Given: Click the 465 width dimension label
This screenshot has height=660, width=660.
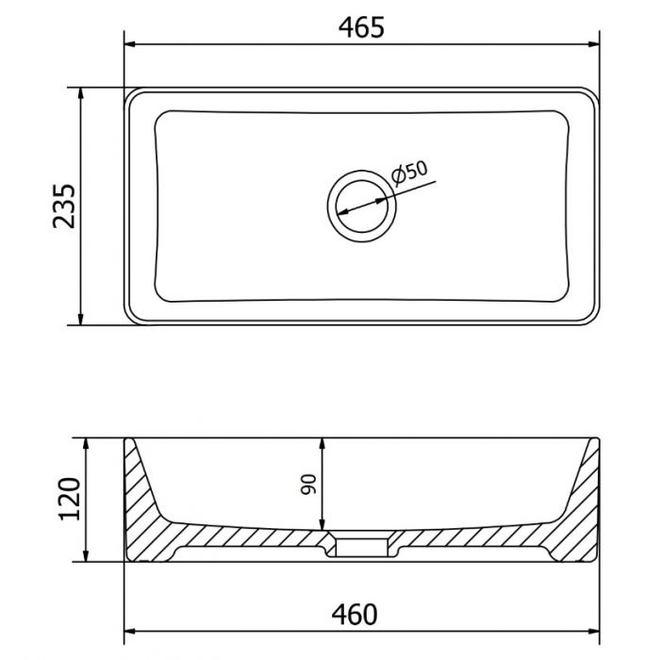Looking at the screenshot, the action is point(361,27).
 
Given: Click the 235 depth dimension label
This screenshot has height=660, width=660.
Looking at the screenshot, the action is point(64,206).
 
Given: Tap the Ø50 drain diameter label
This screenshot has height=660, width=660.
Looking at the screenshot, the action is point(409,173).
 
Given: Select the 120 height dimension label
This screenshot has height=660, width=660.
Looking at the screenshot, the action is point(70,499).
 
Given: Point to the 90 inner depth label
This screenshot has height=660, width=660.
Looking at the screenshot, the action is point(308,484).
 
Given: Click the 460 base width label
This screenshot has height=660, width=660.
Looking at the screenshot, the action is point(355,615).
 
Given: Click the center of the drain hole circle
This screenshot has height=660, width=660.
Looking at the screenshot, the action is point(361,206).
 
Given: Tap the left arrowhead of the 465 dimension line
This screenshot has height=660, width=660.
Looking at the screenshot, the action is point(130,43).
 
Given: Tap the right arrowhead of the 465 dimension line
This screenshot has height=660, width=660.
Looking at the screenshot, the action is point(594,43).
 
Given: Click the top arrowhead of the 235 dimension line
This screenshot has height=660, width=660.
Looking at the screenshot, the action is point(80,93).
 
